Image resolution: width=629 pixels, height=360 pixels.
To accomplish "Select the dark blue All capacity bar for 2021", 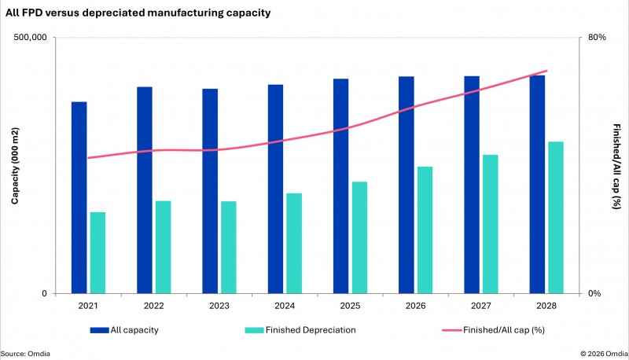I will [x=79, y=197].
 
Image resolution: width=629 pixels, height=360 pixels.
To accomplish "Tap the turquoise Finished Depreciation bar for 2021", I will [x=97, y=252].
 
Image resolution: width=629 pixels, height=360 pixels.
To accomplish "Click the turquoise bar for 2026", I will [x=425, y=230].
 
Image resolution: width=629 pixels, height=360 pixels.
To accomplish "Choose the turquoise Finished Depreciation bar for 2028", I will [x=556, y=217].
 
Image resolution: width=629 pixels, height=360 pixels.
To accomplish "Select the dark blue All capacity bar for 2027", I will [x=472, y=185].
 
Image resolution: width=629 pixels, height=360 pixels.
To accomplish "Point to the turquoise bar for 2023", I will [x=229, y=247].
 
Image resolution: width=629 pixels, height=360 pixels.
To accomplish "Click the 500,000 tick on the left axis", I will [x=31, y=38].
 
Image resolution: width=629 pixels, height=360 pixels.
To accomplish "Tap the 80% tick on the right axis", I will [x=597, y=38].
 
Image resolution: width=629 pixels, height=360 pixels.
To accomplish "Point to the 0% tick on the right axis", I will [x=594, y=294].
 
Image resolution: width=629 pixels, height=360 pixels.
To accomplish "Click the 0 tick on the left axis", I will [x=44, y=294].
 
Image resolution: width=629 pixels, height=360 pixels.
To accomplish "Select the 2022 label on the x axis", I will [x=154, y=306].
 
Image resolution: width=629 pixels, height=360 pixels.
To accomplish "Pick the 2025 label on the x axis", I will [x=350, y=306].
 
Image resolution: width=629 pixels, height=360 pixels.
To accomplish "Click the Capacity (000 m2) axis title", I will [x=14, y=166].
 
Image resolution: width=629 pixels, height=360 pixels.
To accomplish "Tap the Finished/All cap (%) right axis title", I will [x=616, y=166].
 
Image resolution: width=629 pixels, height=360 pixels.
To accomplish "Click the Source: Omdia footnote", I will [x=24, y=353].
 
